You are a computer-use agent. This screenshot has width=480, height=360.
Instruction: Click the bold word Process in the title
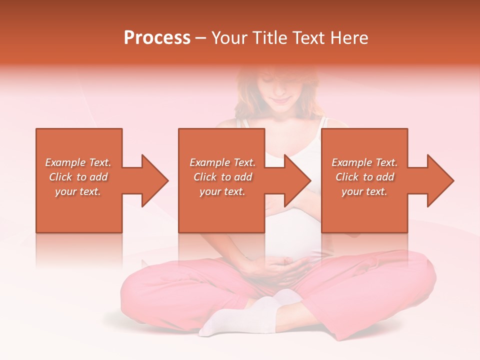point(157,38)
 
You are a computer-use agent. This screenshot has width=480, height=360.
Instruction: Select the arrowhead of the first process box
point(155,180)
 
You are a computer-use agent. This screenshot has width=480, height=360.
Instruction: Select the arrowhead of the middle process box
point(298,180)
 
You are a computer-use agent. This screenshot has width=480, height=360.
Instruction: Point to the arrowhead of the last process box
point(440,180)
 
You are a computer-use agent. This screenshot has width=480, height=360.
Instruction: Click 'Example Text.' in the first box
point(78,162)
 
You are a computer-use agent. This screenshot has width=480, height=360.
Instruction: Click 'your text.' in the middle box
point(222,191)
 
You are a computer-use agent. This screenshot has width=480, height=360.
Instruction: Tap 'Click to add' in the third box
point(364,177)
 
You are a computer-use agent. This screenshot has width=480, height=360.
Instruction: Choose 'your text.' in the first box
point(78,191)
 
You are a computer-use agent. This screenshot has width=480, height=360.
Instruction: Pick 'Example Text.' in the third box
point(364,162)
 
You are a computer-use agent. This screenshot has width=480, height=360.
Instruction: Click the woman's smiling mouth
point(281,100)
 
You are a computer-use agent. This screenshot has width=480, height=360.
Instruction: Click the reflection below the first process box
point(79,250)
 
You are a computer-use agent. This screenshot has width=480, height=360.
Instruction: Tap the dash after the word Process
point(200,38)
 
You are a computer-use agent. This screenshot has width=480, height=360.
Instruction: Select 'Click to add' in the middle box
point(222,177)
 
